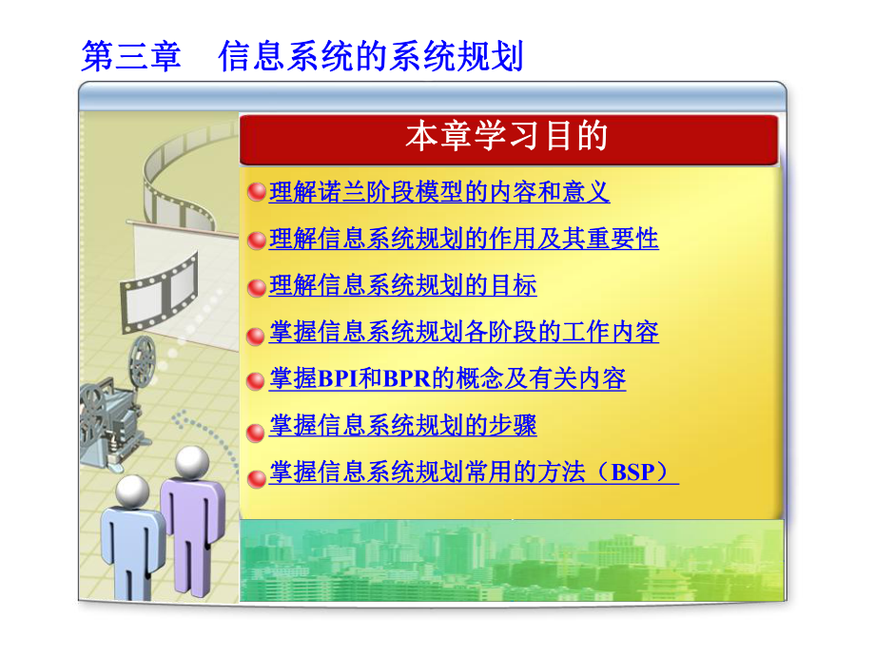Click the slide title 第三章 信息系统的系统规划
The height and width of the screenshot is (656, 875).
click(x=302, y=56)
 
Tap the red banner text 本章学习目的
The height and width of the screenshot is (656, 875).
click(x=506, y=137)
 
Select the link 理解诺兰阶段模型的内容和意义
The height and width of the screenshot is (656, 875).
click(x=439, y=193)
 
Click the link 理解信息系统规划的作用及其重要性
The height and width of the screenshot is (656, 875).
click(x=464, y=239)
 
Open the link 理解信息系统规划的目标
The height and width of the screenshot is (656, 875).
click(x=403, y=285)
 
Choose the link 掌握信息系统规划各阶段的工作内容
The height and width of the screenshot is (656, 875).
click(x=464, y=333)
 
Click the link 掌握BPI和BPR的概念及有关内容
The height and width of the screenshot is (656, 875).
click(x=448, y=379)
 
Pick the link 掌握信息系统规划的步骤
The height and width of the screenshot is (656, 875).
click(x=403, y=426)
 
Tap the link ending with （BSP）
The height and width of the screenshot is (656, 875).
click(x=474, y=473)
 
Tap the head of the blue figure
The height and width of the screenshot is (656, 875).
click(x=132, y=492)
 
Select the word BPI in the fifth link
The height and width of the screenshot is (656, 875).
click(x=338, y=379)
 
